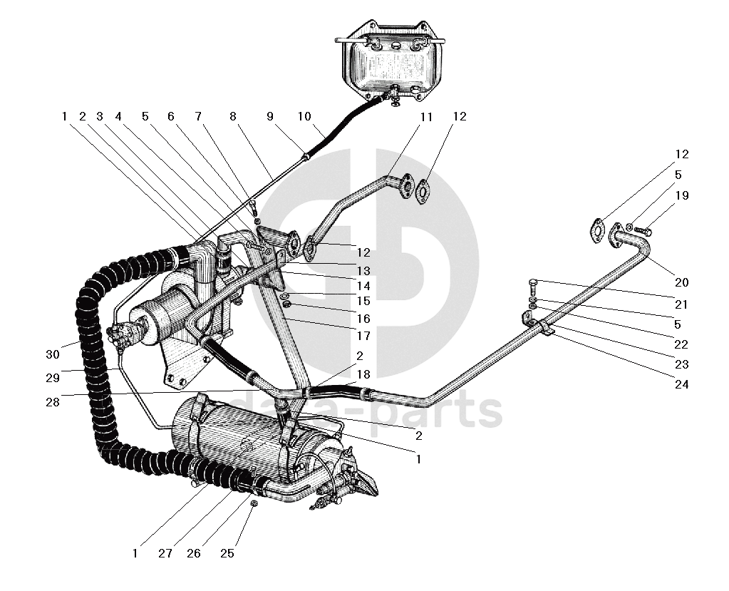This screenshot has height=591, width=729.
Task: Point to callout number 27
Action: [165, 553]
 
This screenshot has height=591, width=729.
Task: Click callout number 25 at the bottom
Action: [227, 553]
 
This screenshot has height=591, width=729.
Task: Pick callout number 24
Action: [681, 384]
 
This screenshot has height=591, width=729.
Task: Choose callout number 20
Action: [681, 282]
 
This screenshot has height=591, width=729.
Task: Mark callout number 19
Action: [681, 195]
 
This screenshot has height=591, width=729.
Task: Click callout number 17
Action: [363, 336]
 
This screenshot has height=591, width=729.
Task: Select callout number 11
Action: [426, 116]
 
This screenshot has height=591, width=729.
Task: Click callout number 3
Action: [100, 116]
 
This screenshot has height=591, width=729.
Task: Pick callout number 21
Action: [681, 304]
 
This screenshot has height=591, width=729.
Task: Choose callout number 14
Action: [363, 286]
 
